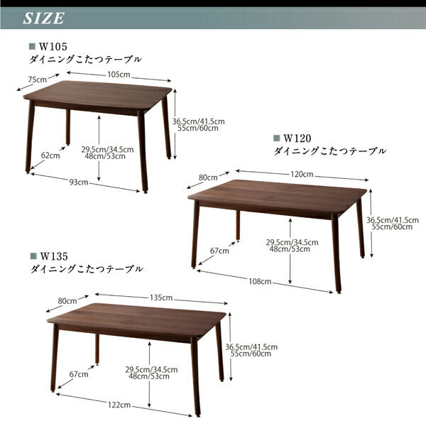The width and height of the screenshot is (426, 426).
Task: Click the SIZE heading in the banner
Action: click(x=44, y=18)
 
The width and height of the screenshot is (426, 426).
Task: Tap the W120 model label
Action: click(x=298, y=139)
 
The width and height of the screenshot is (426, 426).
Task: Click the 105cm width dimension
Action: click(x=119, y=75)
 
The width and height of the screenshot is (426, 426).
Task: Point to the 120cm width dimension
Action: click(x=302, y=174)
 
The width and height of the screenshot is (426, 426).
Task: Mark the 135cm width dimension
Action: click(x=163, y=297)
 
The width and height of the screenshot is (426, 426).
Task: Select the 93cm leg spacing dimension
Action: click(x=79, y=182)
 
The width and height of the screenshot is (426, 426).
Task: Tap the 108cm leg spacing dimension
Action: click(x=261, y=281)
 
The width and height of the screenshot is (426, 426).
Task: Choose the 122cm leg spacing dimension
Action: click(x=119, y=405)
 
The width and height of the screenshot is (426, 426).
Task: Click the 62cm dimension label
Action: click(x=50, y=155)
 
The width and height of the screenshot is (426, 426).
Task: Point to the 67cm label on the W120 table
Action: click(x=219, y=251)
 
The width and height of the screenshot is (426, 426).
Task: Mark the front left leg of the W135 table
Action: click(x=55, y=359)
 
